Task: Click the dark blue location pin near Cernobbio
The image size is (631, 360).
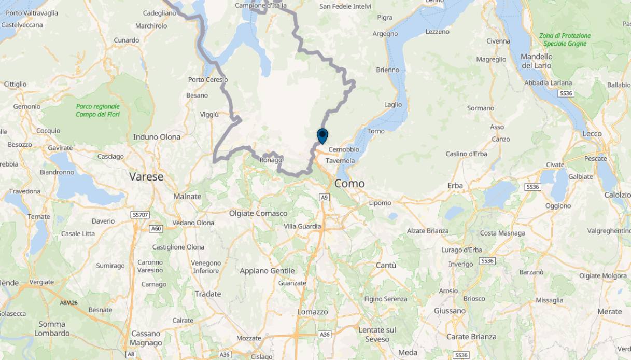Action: pos(322,136)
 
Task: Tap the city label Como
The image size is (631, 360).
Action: pos(349,184)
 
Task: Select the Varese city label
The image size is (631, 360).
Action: pos(146,177)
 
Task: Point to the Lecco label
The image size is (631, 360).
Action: pos(592,134)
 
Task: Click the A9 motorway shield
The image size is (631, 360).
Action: pos(324,197)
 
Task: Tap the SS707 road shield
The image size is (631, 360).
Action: pos(141,215)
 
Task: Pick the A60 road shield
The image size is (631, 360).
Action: pos(156,228)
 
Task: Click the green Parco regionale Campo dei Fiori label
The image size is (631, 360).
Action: pos(97,110)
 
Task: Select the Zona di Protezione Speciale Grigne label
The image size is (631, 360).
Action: pos(565,40)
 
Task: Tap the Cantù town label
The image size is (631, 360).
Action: pos(386,265)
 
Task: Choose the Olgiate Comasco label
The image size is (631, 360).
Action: pos(258,213)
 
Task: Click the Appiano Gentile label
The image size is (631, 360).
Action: pos(267,271)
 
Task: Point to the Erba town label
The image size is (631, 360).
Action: pos(455,186)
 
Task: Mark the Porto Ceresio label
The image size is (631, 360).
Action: pos(208,80)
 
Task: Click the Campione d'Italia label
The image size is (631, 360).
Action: pos(260,5)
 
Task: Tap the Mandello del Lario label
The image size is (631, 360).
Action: pos(537,61)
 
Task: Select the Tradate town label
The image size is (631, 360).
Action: pos(208,294)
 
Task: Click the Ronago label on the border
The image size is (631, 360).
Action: pos(271,160)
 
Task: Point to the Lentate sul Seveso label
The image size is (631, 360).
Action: pos(377,335)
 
